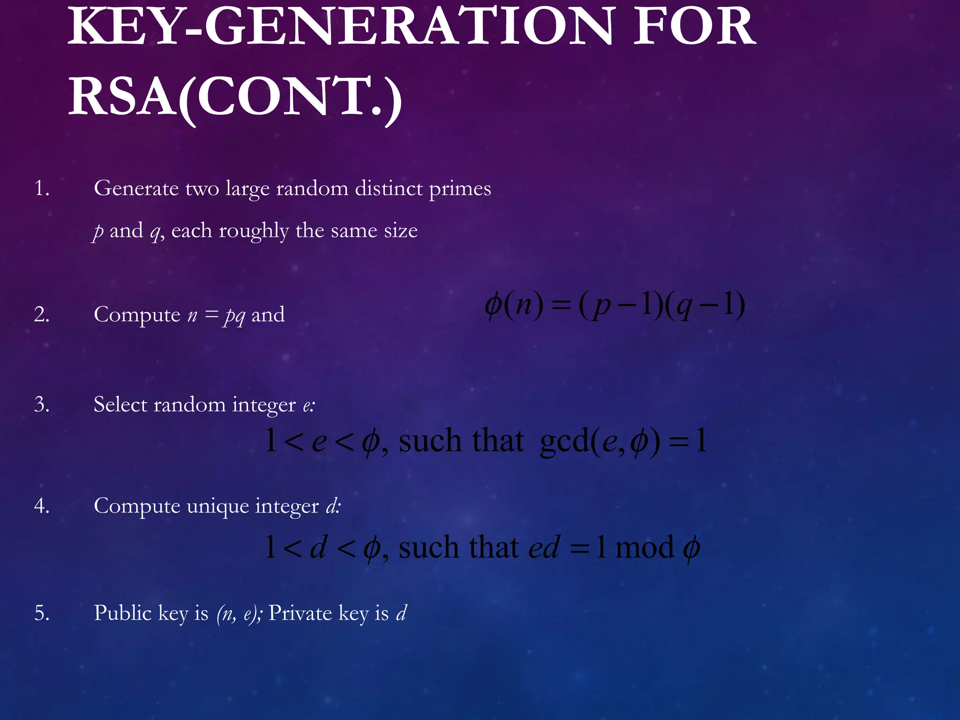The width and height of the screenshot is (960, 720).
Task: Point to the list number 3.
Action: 42,405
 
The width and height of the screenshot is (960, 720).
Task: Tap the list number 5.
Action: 42,613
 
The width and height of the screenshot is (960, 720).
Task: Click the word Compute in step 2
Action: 137,315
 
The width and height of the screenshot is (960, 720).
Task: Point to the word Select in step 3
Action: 120,405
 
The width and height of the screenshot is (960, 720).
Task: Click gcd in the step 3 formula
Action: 564,441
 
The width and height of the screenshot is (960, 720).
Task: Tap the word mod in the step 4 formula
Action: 644,547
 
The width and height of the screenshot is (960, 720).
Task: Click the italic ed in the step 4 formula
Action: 544,547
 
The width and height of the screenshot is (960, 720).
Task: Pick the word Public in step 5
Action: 123,613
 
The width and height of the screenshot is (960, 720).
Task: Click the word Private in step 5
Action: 300,613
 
